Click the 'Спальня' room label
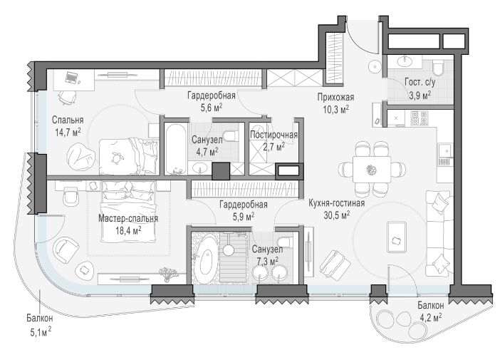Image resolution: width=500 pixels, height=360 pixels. pos(68,120)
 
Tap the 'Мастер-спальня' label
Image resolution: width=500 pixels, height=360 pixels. pos(128,218)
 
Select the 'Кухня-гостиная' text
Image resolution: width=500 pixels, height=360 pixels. pos(337,203)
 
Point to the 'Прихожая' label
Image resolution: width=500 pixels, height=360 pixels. pos(335,97)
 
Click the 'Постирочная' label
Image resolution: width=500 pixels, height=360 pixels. pos(274,135)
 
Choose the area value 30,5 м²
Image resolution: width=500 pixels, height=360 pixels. pos(337,215)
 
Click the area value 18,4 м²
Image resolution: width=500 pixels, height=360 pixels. pos(128,230)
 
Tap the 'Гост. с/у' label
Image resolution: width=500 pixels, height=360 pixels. pos(420,83)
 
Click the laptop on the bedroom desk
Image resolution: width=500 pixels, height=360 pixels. pos(73,78)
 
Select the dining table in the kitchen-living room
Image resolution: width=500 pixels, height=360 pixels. pos(372,169)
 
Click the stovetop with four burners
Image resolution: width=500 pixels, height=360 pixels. pos(420,118)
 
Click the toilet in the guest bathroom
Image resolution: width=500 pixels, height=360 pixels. pos(439,68)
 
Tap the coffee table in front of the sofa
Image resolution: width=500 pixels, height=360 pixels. pos(396,237)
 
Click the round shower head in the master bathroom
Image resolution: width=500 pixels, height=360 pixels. pos(229,250)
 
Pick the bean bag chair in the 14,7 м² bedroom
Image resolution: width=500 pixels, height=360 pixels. pos(81,155)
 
